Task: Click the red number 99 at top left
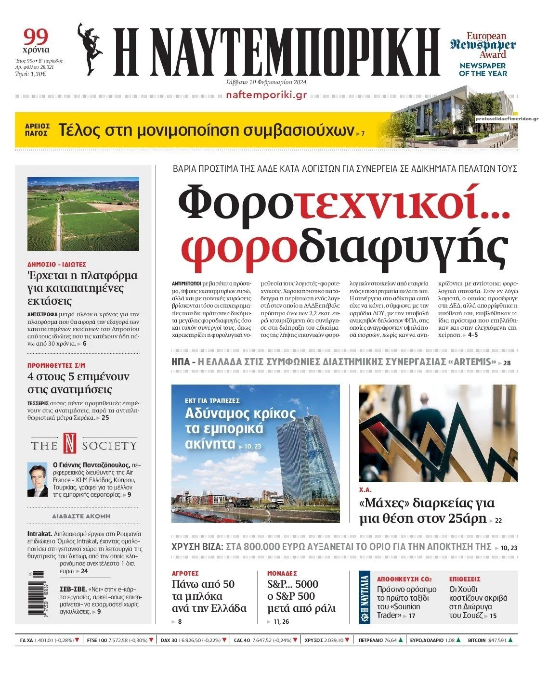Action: click(x=36, y=37)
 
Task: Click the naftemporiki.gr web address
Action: click(x=266, y=95)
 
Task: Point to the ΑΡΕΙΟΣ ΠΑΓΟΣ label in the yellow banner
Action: click(x=37, y=130)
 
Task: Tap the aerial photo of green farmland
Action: click(x=83, y=214)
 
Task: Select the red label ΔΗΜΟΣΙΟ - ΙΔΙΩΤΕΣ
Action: click(x=57, y=264)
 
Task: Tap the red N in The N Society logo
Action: click(x=70, y=443)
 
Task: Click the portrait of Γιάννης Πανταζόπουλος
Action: click(x=37, y=479)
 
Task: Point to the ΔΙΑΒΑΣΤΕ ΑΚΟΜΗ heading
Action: click(x=81, y=516)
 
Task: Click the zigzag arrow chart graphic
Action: click(x=438, y=433)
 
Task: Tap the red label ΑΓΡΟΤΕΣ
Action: click(x=185, y=573)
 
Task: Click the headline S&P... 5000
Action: click(x=293, y=584)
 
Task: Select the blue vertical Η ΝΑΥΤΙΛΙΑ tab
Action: click(x=365, y=597)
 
